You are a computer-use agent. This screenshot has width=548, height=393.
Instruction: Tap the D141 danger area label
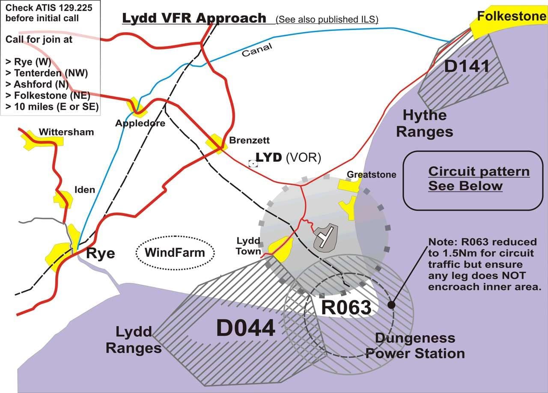(467, 66)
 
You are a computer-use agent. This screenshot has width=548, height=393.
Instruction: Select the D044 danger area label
(245, 329)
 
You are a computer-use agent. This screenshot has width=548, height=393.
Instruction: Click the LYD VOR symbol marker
(253, 163)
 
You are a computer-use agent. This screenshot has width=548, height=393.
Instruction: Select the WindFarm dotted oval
(175, 252)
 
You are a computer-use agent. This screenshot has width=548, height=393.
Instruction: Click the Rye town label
(101, 253)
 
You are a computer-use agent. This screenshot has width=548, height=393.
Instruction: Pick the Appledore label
(134, 123)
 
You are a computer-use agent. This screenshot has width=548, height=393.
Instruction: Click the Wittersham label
(66, 132)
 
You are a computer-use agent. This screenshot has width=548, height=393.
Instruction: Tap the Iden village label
(84, 189)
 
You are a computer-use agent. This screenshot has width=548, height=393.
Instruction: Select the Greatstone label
(372, 175)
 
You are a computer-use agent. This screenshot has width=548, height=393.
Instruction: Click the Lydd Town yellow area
(283, 249)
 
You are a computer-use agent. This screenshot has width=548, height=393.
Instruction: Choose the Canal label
(257, 51)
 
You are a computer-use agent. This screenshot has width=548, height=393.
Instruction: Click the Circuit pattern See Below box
(473, 180)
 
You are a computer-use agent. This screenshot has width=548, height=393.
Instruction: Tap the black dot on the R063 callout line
(391, 305)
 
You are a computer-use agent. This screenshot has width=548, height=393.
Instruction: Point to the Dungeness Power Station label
(415, 346)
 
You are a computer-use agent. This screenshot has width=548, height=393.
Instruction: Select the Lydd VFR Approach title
(194, 18)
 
